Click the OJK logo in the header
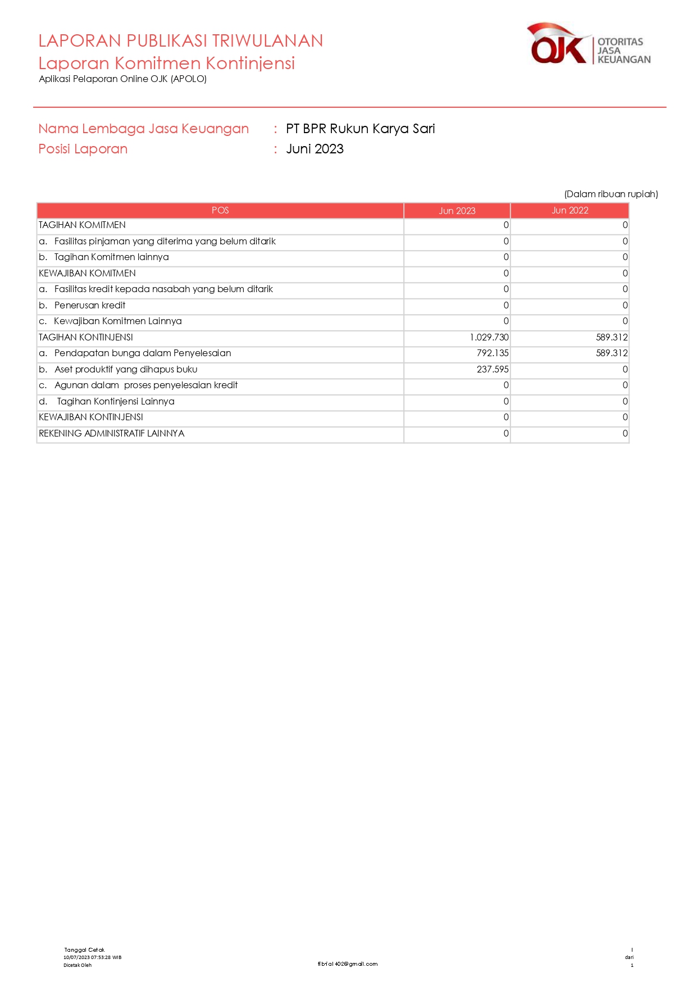point(588,44)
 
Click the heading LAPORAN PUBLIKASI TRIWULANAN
point(180,41)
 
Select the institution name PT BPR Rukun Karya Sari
point(360,129)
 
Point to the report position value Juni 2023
point(315,149)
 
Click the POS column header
point(220,211)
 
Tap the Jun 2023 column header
point(457,211)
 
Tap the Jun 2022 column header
point(570,211)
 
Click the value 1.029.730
point(489,338)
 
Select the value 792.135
point(493,353)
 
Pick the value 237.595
point(493,370)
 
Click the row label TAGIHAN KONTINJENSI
point(86,338)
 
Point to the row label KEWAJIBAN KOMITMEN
point(87,274)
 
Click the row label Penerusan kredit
point(90,306)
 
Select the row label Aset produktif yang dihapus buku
point(126,370)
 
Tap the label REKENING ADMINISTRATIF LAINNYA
point(111,434)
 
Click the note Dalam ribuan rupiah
point(611,194)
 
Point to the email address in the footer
point(348,964)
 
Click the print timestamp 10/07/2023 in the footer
point(92,957)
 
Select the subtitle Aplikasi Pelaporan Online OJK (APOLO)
point(122,79)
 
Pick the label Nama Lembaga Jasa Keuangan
point(143,129)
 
